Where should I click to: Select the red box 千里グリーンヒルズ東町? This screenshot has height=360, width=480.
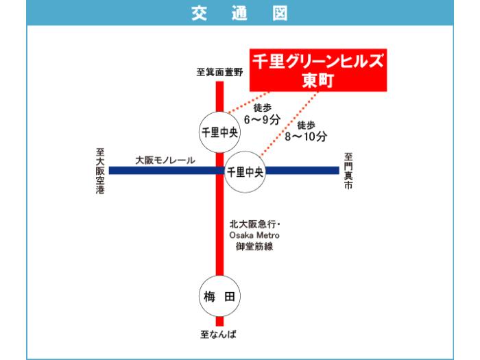click(317, 69)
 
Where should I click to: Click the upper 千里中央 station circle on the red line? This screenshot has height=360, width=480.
click(219, 132)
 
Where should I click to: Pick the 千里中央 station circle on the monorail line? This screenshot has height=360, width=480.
click(245, 171)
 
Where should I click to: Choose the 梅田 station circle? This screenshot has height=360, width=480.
click(219, 296)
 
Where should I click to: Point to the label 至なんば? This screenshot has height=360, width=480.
click(219, 335)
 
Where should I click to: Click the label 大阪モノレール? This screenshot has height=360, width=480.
click(165, 160)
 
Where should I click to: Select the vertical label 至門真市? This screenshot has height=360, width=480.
click(348, 171)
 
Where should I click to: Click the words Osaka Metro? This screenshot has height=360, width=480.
click(255, 235)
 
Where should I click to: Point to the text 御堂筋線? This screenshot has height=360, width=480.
click(255, 246)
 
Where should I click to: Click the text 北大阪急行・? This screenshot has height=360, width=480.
click(255, 224)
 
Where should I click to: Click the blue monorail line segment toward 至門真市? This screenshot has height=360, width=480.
click(302, 171)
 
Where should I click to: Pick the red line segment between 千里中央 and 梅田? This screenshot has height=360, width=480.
click(219, 233)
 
